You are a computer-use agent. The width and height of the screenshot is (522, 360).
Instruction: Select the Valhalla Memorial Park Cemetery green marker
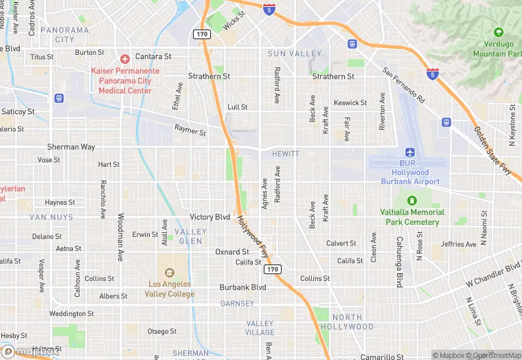(412, 201)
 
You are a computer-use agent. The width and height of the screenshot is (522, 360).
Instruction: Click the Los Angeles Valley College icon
(170, 267)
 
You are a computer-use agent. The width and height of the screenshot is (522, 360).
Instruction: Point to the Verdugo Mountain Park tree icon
(498, 32)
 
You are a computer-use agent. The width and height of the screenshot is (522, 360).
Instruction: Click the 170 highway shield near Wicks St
(201, 34)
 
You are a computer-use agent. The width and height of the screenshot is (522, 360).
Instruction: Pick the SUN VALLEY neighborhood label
(295, 54)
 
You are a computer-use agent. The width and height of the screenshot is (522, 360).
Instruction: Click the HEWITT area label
(285, 154)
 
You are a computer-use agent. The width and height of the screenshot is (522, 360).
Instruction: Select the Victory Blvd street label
(210, 216)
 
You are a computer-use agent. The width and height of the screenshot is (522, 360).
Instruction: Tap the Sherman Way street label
(71, 147)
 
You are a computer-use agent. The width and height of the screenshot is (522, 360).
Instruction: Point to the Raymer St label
(190, 129)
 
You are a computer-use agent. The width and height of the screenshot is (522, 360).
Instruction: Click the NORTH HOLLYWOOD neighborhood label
(347, 322)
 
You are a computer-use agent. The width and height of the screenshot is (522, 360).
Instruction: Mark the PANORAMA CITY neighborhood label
(65, 34)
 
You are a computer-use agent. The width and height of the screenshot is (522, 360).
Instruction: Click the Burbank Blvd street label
(242, 287)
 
